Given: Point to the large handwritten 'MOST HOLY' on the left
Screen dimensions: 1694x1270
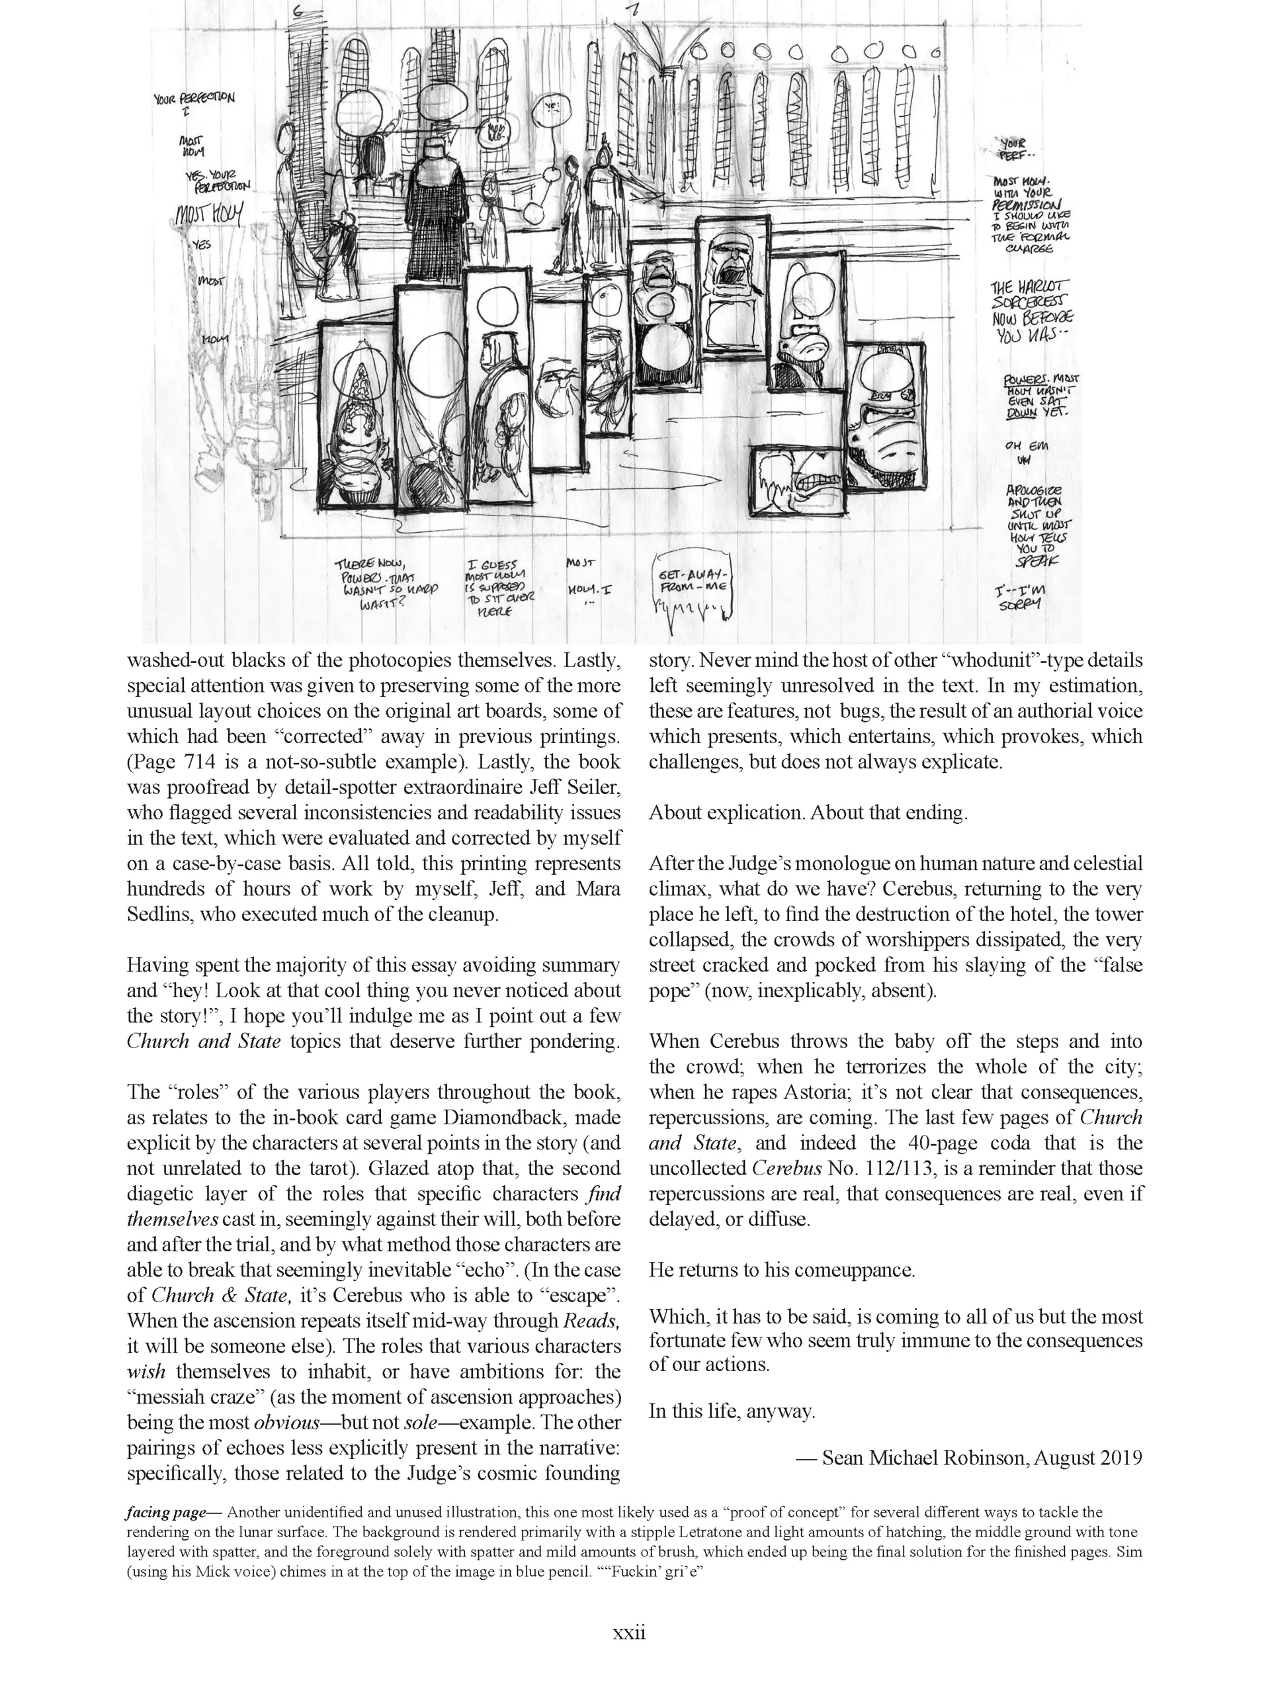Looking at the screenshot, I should point(209,214).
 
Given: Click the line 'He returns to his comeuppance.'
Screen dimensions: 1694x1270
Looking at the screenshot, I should point(782,1270).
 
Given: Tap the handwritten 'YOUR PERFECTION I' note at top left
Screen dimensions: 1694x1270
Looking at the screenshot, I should point(194,103).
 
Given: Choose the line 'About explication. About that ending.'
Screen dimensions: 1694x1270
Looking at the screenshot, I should point(808,813).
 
